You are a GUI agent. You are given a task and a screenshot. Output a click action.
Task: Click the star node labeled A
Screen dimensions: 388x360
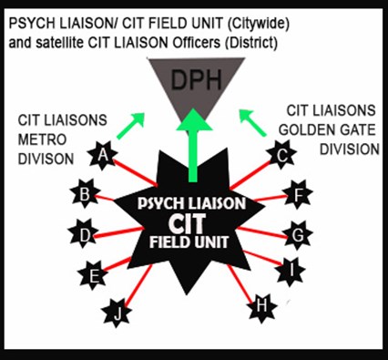pos(103,157)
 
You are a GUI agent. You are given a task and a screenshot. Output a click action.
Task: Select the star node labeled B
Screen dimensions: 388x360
pos(85,193)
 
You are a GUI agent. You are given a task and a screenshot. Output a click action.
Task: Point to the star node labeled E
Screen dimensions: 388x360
pos(92,273)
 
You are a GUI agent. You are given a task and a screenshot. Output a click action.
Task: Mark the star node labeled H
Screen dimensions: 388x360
pos(262,306)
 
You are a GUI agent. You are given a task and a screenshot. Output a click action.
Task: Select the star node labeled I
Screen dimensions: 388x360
pos(291,269)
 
